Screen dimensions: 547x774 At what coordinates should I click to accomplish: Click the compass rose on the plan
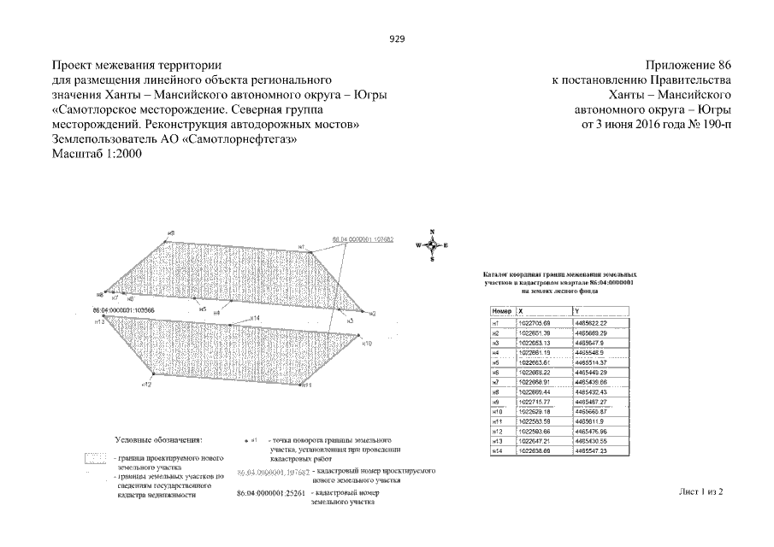click(x=432, y=244)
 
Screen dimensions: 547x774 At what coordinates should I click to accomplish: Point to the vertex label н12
click(x=146, y=385)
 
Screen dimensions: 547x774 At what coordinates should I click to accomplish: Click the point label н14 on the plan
click(x=254, y=318)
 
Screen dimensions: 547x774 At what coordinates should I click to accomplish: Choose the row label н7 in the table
click(x=494, y=382)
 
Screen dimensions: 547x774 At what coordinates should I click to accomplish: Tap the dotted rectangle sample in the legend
click(x=96, y=460)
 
